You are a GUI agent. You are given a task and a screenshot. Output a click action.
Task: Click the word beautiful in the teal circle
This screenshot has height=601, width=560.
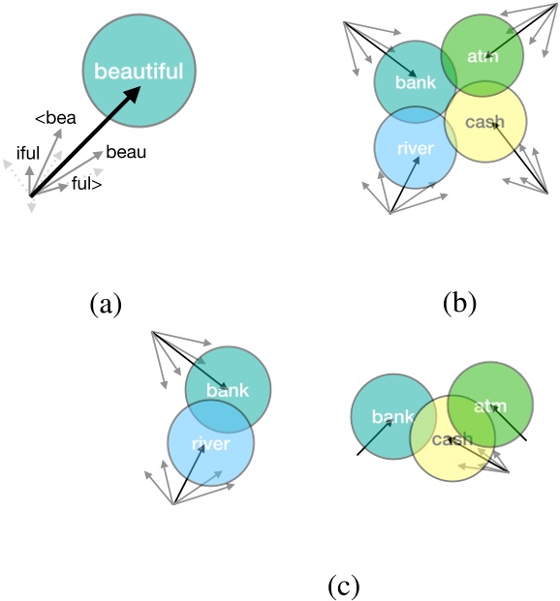point(140,72)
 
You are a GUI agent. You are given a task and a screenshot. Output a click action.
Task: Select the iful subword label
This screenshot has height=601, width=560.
point(29,152)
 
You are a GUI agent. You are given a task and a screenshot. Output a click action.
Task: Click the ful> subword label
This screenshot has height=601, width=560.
point(87,183)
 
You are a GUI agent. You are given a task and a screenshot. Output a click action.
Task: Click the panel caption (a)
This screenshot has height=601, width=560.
point(105,305)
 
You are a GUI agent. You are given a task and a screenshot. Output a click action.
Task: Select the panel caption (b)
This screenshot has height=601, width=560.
point(459,305)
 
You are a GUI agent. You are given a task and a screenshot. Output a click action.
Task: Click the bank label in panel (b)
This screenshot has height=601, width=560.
point(415,82)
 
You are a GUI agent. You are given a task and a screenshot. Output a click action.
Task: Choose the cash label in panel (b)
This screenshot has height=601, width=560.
point(485,123)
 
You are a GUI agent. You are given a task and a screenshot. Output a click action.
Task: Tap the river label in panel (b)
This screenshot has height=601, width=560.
point(414,149)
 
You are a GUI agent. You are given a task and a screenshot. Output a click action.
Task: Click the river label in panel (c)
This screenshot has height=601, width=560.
point(210,444)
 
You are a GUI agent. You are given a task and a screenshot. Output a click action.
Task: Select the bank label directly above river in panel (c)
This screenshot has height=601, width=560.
point(229,391)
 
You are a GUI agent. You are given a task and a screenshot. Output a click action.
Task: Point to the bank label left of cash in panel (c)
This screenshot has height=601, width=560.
point(393,418)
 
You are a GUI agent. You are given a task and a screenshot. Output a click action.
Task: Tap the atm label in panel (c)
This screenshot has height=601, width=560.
point(490,406)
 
